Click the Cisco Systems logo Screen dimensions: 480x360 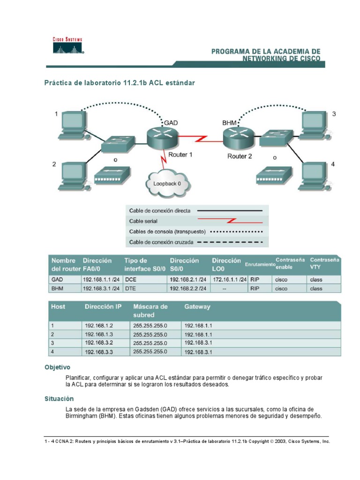67,46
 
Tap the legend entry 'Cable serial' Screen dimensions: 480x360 143,221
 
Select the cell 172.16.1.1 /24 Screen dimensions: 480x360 229,279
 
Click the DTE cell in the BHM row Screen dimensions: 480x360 130,289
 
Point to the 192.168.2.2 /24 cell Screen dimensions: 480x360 188,289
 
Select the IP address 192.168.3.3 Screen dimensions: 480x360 99,352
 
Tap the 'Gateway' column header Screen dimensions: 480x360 197,307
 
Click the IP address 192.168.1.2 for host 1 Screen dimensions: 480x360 99,325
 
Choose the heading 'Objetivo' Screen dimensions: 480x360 57,367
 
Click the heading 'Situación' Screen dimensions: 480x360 59,398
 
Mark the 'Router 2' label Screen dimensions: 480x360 240,156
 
